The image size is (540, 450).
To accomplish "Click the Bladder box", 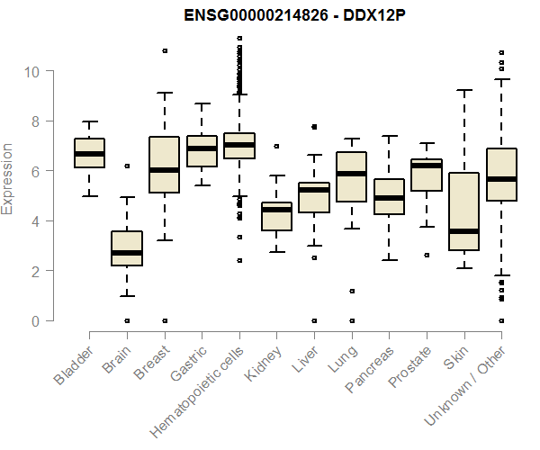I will [90, 153].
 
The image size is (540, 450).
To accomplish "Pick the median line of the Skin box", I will [463, 231].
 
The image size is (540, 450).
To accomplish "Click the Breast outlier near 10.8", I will [165, 50].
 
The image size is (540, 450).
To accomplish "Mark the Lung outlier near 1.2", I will [352, 291].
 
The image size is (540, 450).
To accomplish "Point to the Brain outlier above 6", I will [127, 166].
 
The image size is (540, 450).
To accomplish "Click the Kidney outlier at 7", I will [276, 146].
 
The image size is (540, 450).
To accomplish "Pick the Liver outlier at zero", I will [314, 320].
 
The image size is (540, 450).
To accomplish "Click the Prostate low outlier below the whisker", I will [427, 256].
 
